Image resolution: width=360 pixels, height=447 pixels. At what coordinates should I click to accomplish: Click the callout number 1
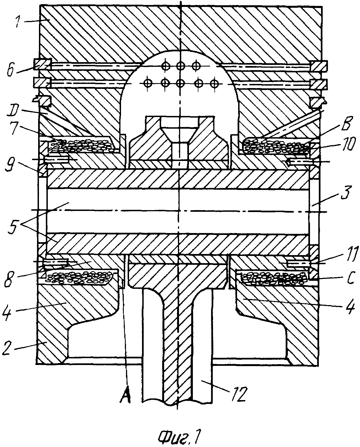[x=19, y=22]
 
